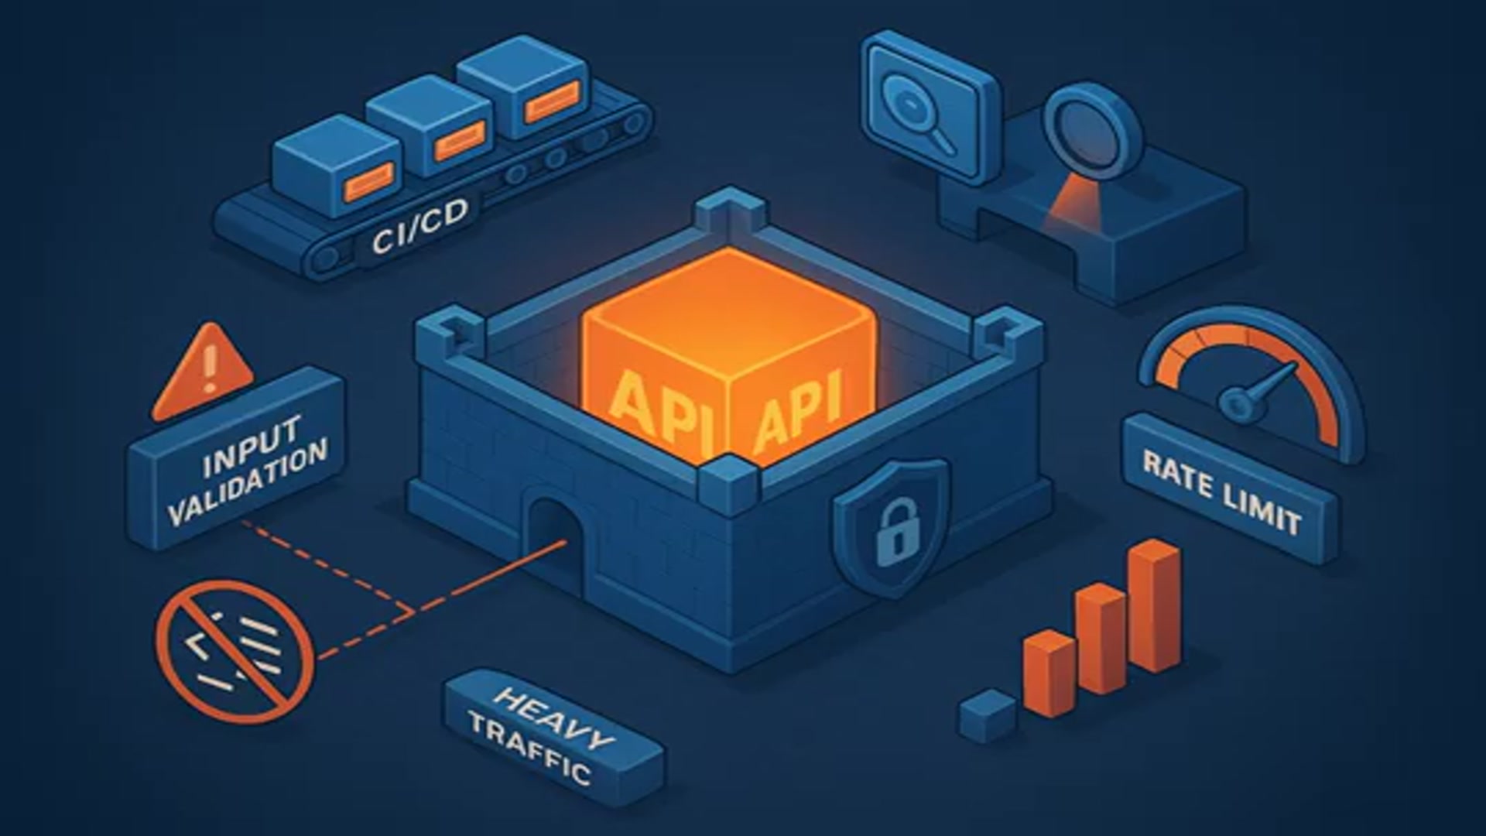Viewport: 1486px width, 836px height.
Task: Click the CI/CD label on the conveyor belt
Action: tap(419, 227)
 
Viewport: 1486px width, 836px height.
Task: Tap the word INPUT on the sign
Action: tap(251, 447)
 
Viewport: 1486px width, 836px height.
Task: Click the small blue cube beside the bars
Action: tap(987, 715)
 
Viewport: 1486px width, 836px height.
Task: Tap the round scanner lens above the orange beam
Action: tap(1092, 132)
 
